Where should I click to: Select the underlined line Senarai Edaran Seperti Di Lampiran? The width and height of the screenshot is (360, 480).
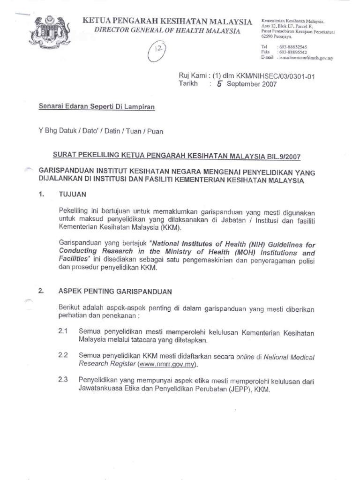tap(96, 107)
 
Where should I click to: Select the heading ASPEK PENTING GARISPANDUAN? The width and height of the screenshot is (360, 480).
tap(115, 291)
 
